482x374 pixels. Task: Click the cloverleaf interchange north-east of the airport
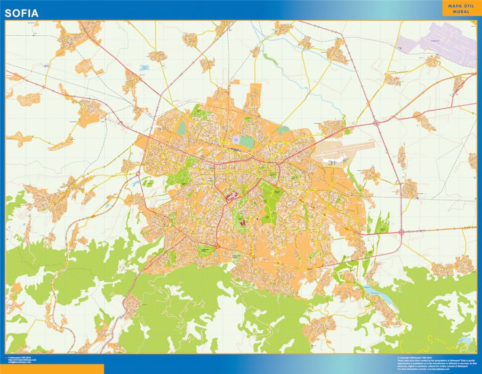click(x=377, y=123)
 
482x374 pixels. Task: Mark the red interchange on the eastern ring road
click(x=402, y=232)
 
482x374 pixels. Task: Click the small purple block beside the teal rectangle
click(x=236, y=140)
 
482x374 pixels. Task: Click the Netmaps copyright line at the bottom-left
click(x=21, y=359)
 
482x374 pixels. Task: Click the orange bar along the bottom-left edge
click(x=52, y=369)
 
